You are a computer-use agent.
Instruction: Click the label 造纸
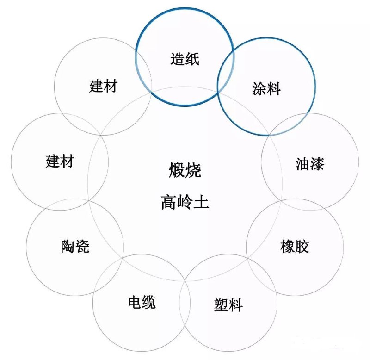(185, 59)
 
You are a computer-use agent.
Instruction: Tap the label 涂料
(266, 88)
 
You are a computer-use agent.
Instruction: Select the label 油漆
(310, 164)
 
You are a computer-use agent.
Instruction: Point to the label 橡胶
(295, 247)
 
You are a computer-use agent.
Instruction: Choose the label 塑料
(228, 305)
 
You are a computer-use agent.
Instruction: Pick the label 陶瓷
(75, 246)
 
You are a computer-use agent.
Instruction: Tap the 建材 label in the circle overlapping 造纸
(103, 86)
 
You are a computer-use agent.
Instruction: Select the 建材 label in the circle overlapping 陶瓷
(60, 161)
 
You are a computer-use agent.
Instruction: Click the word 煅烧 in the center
(185, 170)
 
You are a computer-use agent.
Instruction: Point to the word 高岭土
(185, 202)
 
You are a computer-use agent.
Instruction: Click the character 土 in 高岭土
(201, 202)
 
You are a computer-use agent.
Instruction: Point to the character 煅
(177, 170)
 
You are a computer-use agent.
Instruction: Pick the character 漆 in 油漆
(317, 164)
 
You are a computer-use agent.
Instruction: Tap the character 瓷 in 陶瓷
(82, 246)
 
